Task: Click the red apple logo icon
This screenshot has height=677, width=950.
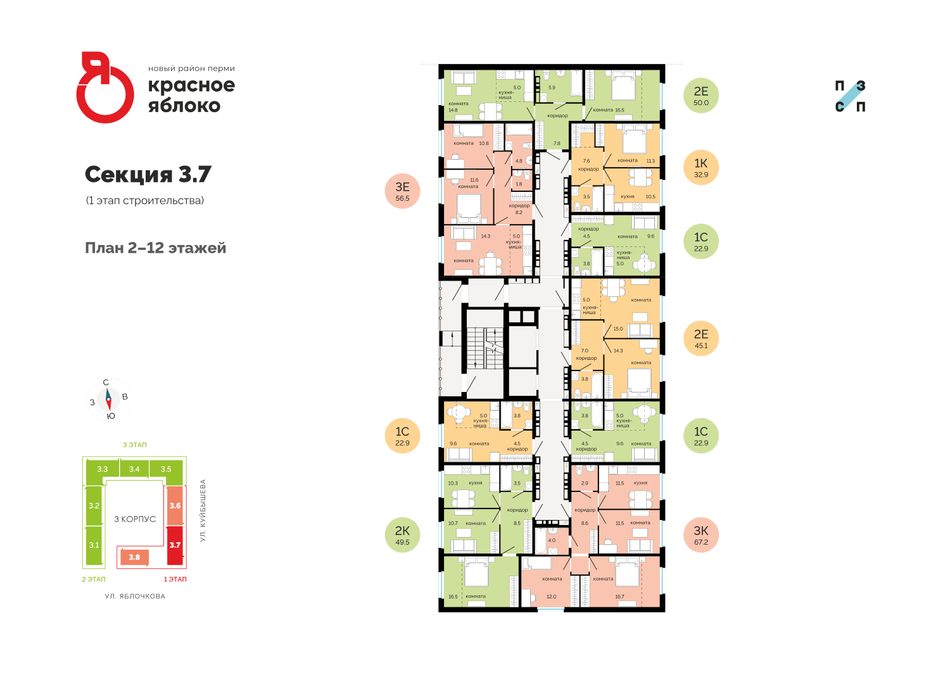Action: [104, 88]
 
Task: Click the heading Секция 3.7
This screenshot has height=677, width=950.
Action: [148, 174]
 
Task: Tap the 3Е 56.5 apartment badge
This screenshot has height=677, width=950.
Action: [402, 192]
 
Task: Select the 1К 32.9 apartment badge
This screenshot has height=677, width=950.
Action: [701, 168]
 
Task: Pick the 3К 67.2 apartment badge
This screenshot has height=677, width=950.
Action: [701, 536]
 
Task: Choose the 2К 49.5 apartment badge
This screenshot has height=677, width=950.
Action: [402, 536]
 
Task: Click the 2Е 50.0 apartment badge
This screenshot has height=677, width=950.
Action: [701, 96]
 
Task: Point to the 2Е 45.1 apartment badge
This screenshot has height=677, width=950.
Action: [701, 339]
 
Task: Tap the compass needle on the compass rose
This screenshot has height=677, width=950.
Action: [108, 400]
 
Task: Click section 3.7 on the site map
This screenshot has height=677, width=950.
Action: [175, 545]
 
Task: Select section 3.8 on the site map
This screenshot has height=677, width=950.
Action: [134, 557]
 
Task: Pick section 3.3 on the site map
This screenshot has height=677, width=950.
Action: [103, 469]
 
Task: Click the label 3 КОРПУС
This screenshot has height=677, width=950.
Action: [135, 519]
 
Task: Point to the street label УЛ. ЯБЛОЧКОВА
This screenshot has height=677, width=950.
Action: [135, 596]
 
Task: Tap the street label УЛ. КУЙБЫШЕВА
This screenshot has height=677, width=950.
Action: [203, 510]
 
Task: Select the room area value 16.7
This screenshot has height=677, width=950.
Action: [619, 597]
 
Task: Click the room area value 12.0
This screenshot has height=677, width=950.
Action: [552, 597]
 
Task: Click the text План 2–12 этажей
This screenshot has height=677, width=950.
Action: [155, 248]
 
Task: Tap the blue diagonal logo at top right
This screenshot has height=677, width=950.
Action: [850, 96]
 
